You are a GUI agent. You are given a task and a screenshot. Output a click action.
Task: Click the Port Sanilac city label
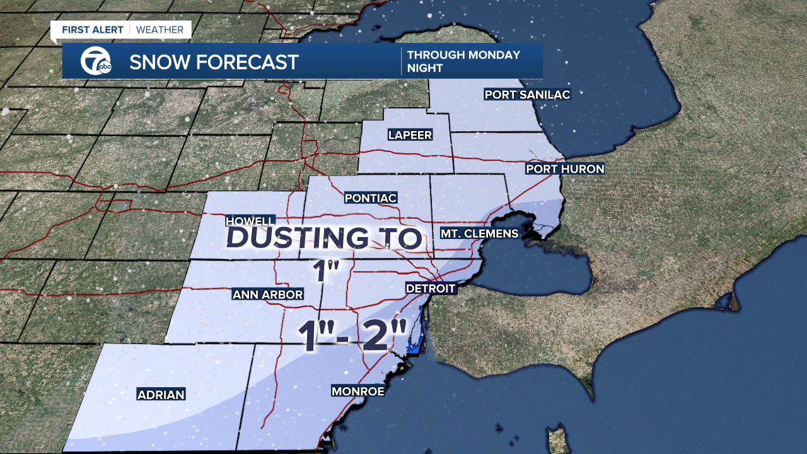click(527, 95)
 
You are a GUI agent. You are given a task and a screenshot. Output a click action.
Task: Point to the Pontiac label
click(371, 198)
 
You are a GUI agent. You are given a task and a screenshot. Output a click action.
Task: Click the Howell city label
click(250, 221)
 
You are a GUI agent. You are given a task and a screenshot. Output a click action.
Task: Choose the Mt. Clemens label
click(479, 233)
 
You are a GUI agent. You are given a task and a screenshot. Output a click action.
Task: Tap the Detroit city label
click(430, 288)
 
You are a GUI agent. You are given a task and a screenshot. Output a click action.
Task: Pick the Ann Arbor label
click(267, 294)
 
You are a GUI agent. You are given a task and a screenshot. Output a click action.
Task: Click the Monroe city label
click(357, 392)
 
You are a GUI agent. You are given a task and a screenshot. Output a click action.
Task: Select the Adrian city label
click(161, 395)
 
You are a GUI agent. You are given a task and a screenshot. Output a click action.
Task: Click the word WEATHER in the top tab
click(160, 30)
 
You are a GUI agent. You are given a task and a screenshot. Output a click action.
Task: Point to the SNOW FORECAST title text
click(214, 62)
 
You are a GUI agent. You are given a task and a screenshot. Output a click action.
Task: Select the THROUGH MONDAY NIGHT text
click(463, 61)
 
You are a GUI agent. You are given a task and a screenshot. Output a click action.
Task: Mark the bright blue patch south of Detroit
click(415, 347)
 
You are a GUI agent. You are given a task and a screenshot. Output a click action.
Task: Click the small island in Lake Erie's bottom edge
click(557, 440)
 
